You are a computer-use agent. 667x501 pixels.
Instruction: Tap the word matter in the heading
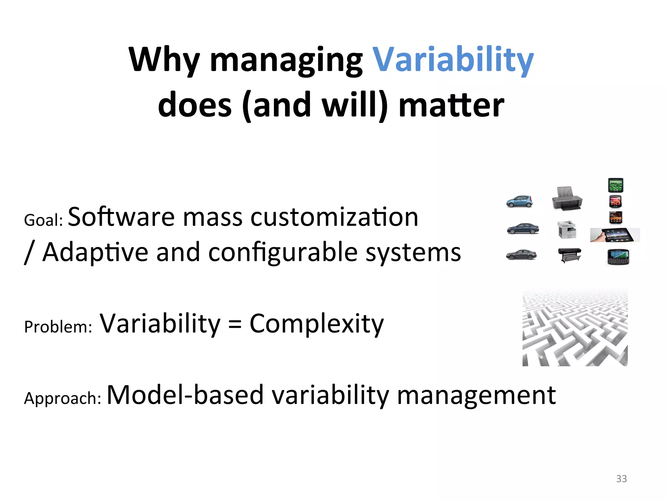tap(451, 105)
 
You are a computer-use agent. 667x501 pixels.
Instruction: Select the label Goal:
tap(43, 220)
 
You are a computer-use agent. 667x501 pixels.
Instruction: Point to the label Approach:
tap(63, 398)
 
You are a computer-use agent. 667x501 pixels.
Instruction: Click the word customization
tap(334, 217)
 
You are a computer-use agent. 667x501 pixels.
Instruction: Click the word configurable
tap(283, 252)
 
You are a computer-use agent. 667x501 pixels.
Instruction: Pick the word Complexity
tap(317, 324)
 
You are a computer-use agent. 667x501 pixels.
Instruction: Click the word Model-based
tap(185, 395)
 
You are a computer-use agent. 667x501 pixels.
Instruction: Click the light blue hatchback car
tap(519, 201)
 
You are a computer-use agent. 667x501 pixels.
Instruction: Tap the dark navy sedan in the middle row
tap(523, 229)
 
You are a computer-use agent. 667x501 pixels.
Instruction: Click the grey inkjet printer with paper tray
tap(567, 198)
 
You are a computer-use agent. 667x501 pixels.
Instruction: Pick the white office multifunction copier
tap(567, 230)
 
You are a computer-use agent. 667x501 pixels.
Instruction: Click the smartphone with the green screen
tap(616, 185)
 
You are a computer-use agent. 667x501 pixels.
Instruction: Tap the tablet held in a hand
tap(615, 235)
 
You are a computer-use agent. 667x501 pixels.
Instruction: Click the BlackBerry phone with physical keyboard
tap(618, 257)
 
